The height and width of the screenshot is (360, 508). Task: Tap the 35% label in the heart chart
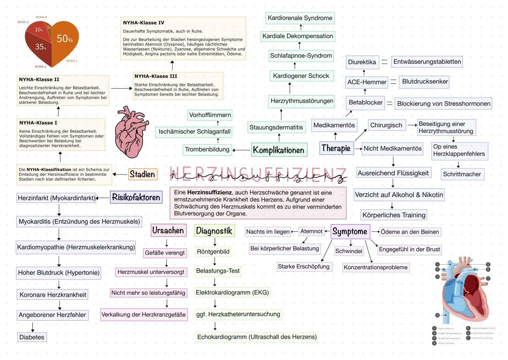click(40, 47)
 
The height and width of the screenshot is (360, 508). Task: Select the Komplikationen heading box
click(278, 150)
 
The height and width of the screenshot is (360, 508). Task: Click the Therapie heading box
click(336, 148)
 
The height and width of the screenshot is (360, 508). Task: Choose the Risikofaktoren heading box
click(136, 197)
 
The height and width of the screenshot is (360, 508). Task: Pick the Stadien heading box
click(142, 174)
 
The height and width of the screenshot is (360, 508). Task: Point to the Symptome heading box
click(350, 231)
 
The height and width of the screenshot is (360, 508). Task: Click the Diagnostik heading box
click(214, 231)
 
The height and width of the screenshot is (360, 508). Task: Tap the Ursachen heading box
click(168, 230)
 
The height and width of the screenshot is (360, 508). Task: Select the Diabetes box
click(32, 337)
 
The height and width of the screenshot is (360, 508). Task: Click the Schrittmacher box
click(462, 174)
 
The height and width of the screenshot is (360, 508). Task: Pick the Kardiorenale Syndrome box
click(300, 18)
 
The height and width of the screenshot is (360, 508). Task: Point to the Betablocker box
click(365, 103)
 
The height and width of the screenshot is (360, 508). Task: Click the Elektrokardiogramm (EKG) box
click(232, 293)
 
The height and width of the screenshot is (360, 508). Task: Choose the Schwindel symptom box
click(349, 251)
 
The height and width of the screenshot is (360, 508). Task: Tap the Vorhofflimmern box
click(210, 115)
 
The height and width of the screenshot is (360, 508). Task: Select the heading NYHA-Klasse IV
click(144, 23)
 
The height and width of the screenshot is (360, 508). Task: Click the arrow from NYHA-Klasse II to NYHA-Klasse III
click(121, 88)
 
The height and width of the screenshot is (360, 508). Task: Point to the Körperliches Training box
click(394, 215)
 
